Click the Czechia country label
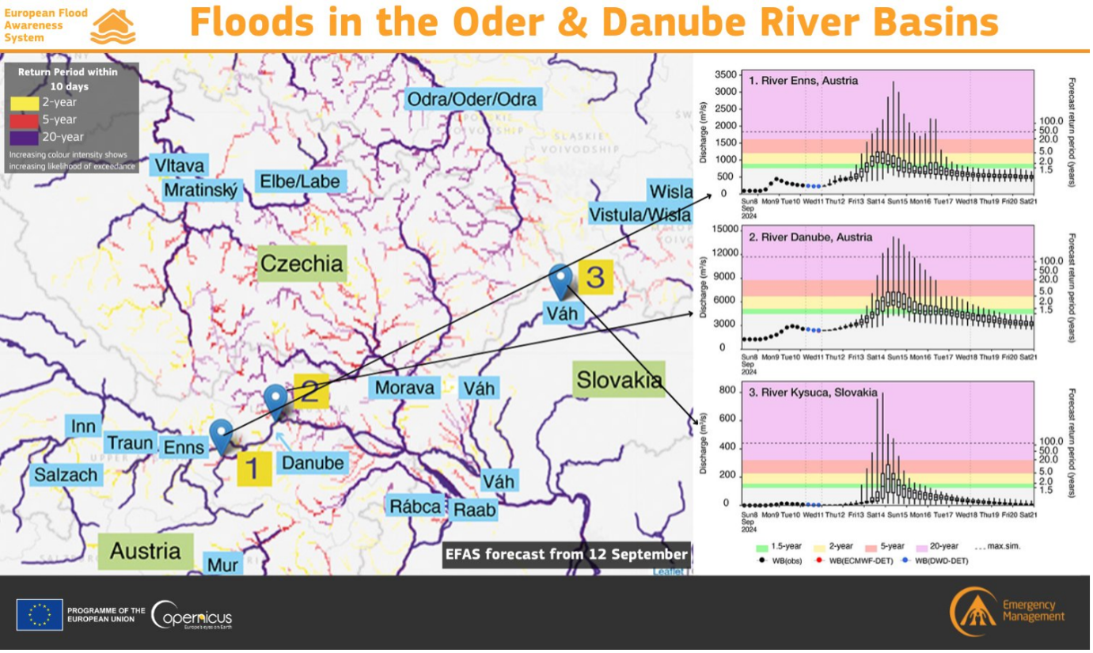302,264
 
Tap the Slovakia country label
619,380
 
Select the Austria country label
145,551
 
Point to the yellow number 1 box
253,469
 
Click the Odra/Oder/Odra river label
472,99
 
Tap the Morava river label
404,388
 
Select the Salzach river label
66,475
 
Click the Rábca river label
413,507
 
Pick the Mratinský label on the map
201,191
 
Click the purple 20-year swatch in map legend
25,137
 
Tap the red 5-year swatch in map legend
25,120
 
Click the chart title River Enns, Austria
803,81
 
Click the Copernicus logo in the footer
192,615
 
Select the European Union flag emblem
40,615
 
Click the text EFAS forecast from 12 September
566,554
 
